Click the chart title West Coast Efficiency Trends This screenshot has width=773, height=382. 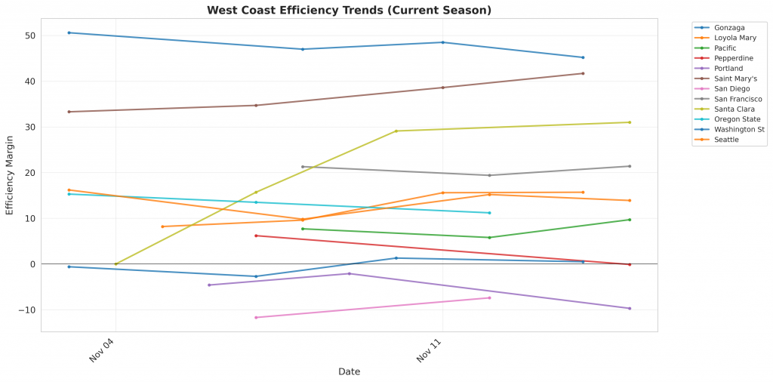click(349, 10)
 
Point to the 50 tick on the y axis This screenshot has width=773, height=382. click(29, 35)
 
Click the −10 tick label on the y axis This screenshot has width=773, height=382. click(26, 310)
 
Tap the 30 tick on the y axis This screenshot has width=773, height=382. click(29, 127)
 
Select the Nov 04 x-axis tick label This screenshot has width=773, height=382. click(102, 350)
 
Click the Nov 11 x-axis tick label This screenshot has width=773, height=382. click(429, 350)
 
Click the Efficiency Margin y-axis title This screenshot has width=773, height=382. click(10, 175)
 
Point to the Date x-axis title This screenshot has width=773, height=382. click(349, 371)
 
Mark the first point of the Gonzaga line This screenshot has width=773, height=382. click(69, 32)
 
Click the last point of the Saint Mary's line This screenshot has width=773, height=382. click(583, 73)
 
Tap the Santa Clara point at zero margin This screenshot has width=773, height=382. click(115, 264)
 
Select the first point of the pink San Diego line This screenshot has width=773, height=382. click(256, 317)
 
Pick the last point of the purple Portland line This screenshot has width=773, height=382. click(630, 308)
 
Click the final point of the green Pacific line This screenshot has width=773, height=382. click(630, 220)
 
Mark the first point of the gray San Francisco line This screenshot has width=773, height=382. click(303, 167)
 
